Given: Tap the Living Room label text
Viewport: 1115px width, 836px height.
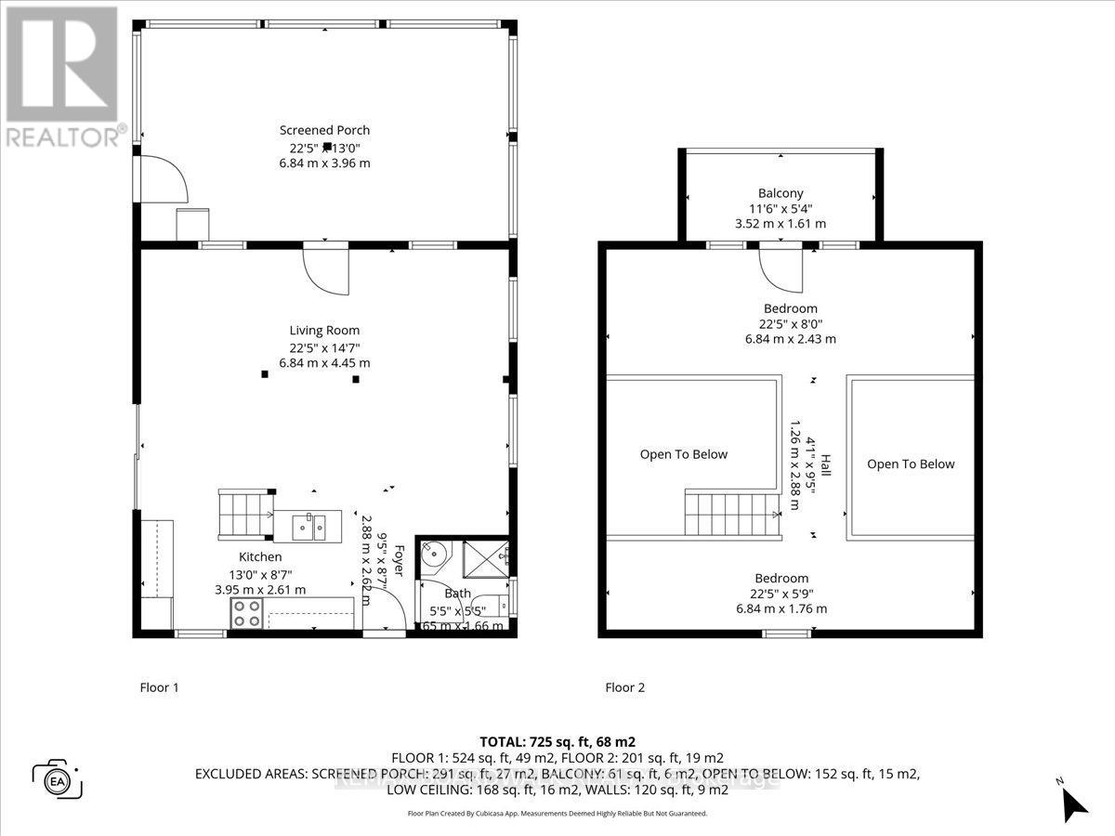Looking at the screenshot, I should [x=324, y=330].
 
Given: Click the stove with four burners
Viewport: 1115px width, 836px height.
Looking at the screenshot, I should [x=247, y=612].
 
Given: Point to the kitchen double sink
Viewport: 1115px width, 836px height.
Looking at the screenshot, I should [x=308, y=527].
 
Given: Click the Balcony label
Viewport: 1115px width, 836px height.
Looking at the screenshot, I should [x=780, y=193].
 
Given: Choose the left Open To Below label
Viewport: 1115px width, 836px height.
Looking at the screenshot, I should [x=683, y=454].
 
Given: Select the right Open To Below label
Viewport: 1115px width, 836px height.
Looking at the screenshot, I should [x=911, y=464].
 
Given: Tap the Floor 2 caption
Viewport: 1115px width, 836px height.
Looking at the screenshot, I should [x=624, y=687].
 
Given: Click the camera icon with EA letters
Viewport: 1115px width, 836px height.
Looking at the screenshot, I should [x=58, y=778].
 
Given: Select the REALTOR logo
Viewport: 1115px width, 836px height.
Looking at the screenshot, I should [x=63, y=74].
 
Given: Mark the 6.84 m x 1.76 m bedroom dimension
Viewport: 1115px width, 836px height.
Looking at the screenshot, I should [x=780, y=609].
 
